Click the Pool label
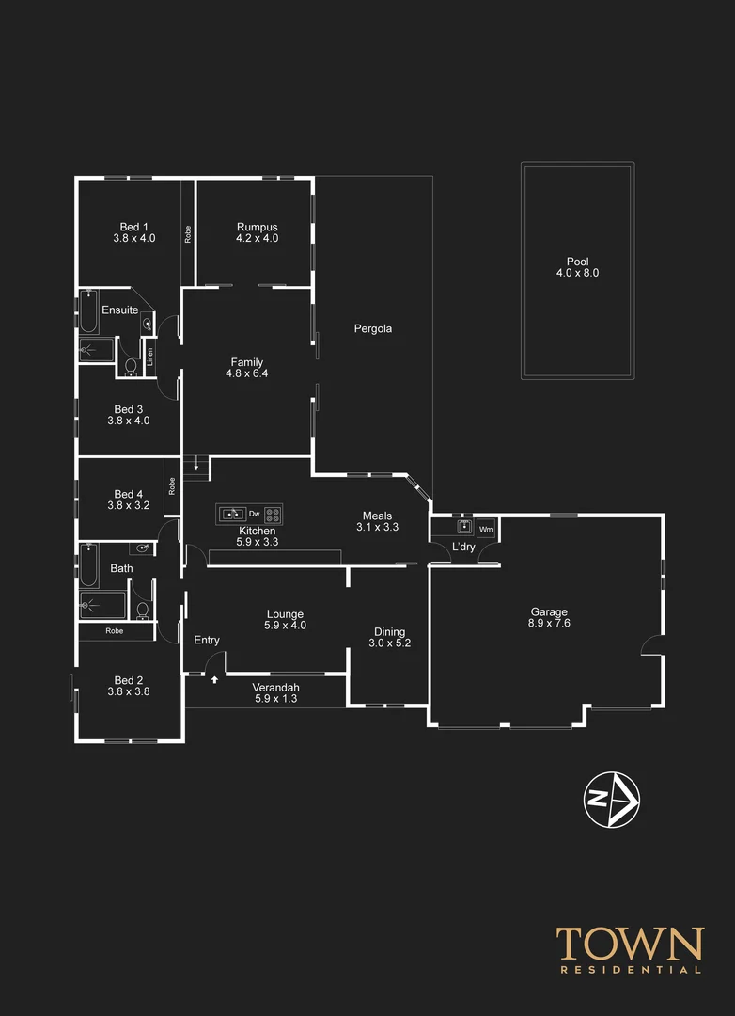click(576, 262)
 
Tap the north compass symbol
click(612, 800)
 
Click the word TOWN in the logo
click(629, 944)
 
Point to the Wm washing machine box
click(486, 528)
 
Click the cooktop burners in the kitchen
click(273, 514)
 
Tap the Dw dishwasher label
click(254, 514)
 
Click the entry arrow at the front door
click(215, 678)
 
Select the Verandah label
click(275, 688)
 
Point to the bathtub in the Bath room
click(87, 561)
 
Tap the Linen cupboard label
click(149, 357)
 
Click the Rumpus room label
click(257, 227)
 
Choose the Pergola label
click(372, 329)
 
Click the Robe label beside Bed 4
click(172, 485)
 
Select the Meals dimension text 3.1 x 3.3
click(377, 528)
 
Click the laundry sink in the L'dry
click(464, 526)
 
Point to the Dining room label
click(389, 632)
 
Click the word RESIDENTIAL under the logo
click(629, 969)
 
